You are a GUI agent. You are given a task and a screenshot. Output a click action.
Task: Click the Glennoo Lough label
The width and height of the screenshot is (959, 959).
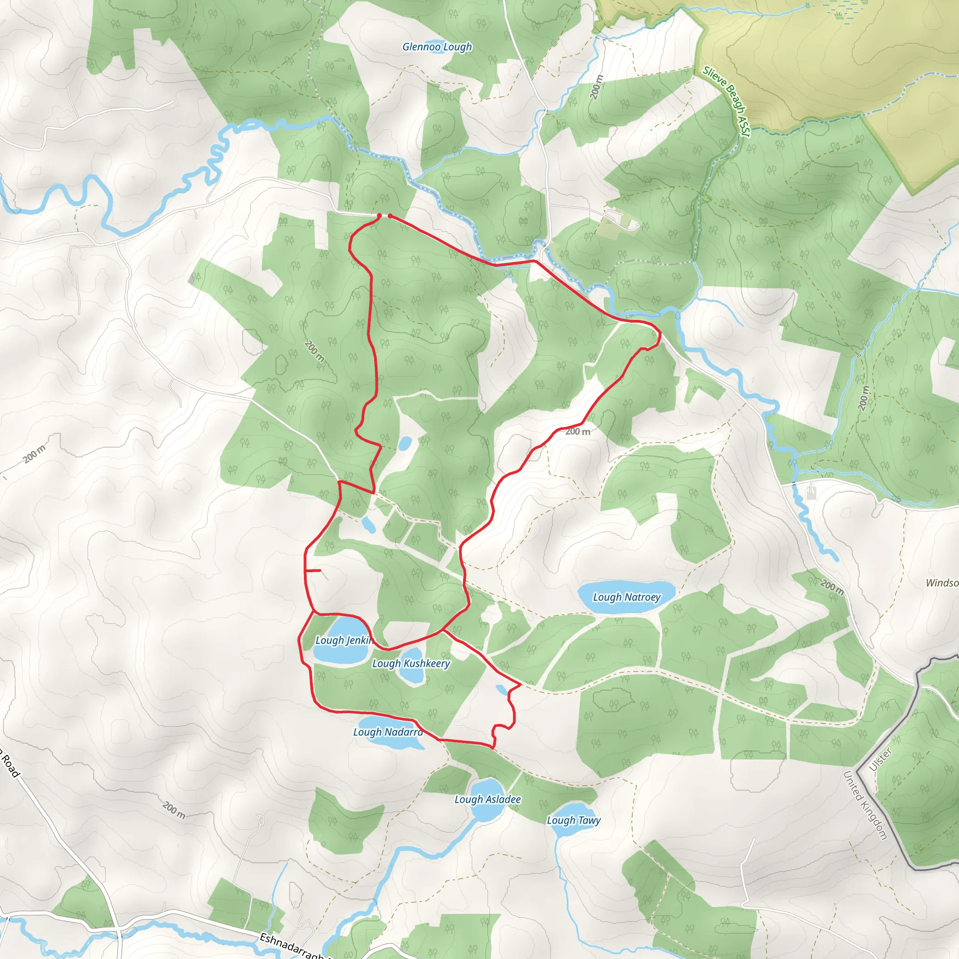click(x=437, y=47)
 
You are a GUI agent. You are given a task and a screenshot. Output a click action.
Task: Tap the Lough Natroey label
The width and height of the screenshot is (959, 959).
click(x=627, y=597)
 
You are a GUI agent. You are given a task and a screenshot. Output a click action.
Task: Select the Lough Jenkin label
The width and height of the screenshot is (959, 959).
click(x=344, y=640)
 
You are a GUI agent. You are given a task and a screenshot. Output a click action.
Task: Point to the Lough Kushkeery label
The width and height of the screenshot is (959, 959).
click(x=411, y=663)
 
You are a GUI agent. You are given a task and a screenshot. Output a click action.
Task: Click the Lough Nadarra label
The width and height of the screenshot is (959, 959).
click(x=388, y=732)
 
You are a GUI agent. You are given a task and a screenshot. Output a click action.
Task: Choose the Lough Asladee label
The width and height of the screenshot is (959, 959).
click(x=487, y=799)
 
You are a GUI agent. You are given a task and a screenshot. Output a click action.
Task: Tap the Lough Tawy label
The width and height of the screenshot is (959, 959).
click(x=573, y=820)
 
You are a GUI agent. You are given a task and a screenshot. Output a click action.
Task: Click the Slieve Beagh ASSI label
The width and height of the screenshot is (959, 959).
click(x=726, y=101)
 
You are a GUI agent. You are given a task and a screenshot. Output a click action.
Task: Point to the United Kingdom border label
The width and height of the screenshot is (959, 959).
click(x=865, y=805)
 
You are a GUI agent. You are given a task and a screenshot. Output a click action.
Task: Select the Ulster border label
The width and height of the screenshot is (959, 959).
click(x=880, y=760)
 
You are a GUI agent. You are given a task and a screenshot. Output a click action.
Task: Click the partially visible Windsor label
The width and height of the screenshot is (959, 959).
click(x=942, y=583)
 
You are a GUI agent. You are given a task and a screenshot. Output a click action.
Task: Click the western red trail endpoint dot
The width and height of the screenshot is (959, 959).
click(x=379, y=215)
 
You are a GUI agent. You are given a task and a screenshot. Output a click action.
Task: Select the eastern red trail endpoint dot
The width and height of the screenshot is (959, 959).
click(x=390, y=216)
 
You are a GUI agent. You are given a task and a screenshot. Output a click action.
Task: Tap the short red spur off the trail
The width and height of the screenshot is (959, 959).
click(x=314, y=571)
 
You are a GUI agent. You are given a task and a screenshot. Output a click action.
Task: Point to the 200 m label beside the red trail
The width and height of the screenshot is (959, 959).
click(x=578, y=431)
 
